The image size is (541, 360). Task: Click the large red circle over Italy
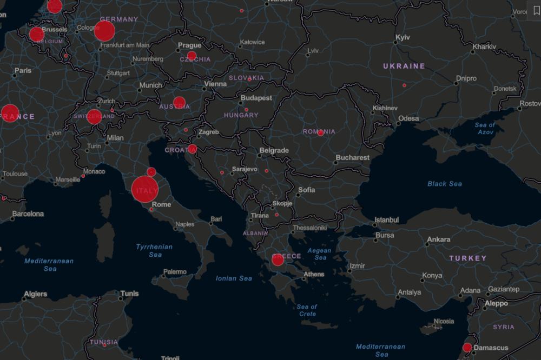(x=145, y=189)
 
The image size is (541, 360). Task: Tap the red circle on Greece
(x=278, y=260)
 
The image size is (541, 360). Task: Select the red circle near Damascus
(x=467, y=348)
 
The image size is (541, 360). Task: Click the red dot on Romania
(x=321, y=133)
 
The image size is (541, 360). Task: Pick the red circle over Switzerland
(x=94, y=117)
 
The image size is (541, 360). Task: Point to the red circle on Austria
(x=179, y=103)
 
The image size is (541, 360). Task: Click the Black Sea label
(x=445, y=184)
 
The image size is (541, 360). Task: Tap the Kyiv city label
(x=403, y=37)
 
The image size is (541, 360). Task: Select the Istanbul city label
(x=387, y=220)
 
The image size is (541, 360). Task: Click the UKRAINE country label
(x=404, y=66)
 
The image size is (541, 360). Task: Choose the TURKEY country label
(x=468, y=258)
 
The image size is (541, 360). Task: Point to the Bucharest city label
(x=353, y=158)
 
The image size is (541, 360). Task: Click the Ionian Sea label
(x=234, y=278)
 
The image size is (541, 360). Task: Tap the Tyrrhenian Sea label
(x=154, y=251)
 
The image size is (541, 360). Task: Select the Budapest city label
(x=256, y=98)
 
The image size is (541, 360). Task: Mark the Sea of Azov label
(x=484, y=129)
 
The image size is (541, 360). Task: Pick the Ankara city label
(x=439, y=239)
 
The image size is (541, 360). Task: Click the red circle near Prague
(x=192, y=56)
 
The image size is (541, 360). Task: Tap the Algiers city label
(x=35, y=295)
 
